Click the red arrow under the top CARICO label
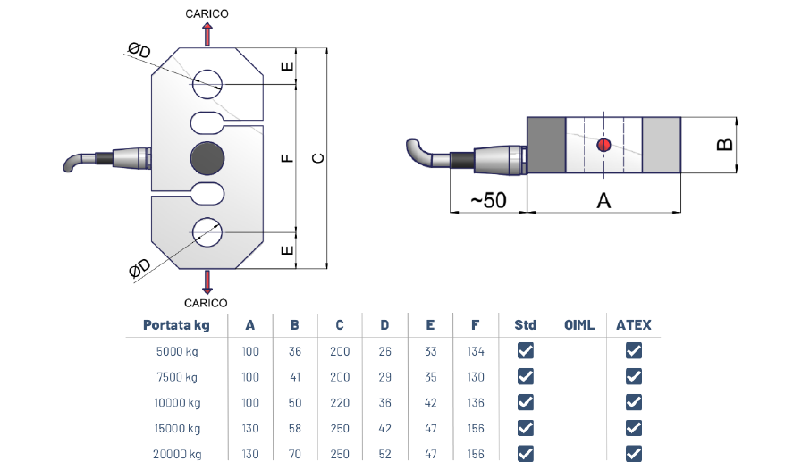pyautogui.click(x=207, y=35)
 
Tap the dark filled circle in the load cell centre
pyautogui.click(x=207, y=158)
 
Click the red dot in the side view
pyautogui.click(x=603, y=145)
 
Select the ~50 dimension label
pyautogui.click(x=489, y=200)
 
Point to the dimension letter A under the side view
pyautogui.click(x=603, y=200)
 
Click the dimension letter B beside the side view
pyautogui.click(x=725, y=145)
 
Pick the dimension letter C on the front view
pyautogui.click(x=318, y=158)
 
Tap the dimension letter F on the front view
pyautogui.click(x=287, y=158)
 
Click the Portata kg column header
pyautogui.click(x=176, y=325)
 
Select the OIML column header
pyautogui.click(x=579, y=325)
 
